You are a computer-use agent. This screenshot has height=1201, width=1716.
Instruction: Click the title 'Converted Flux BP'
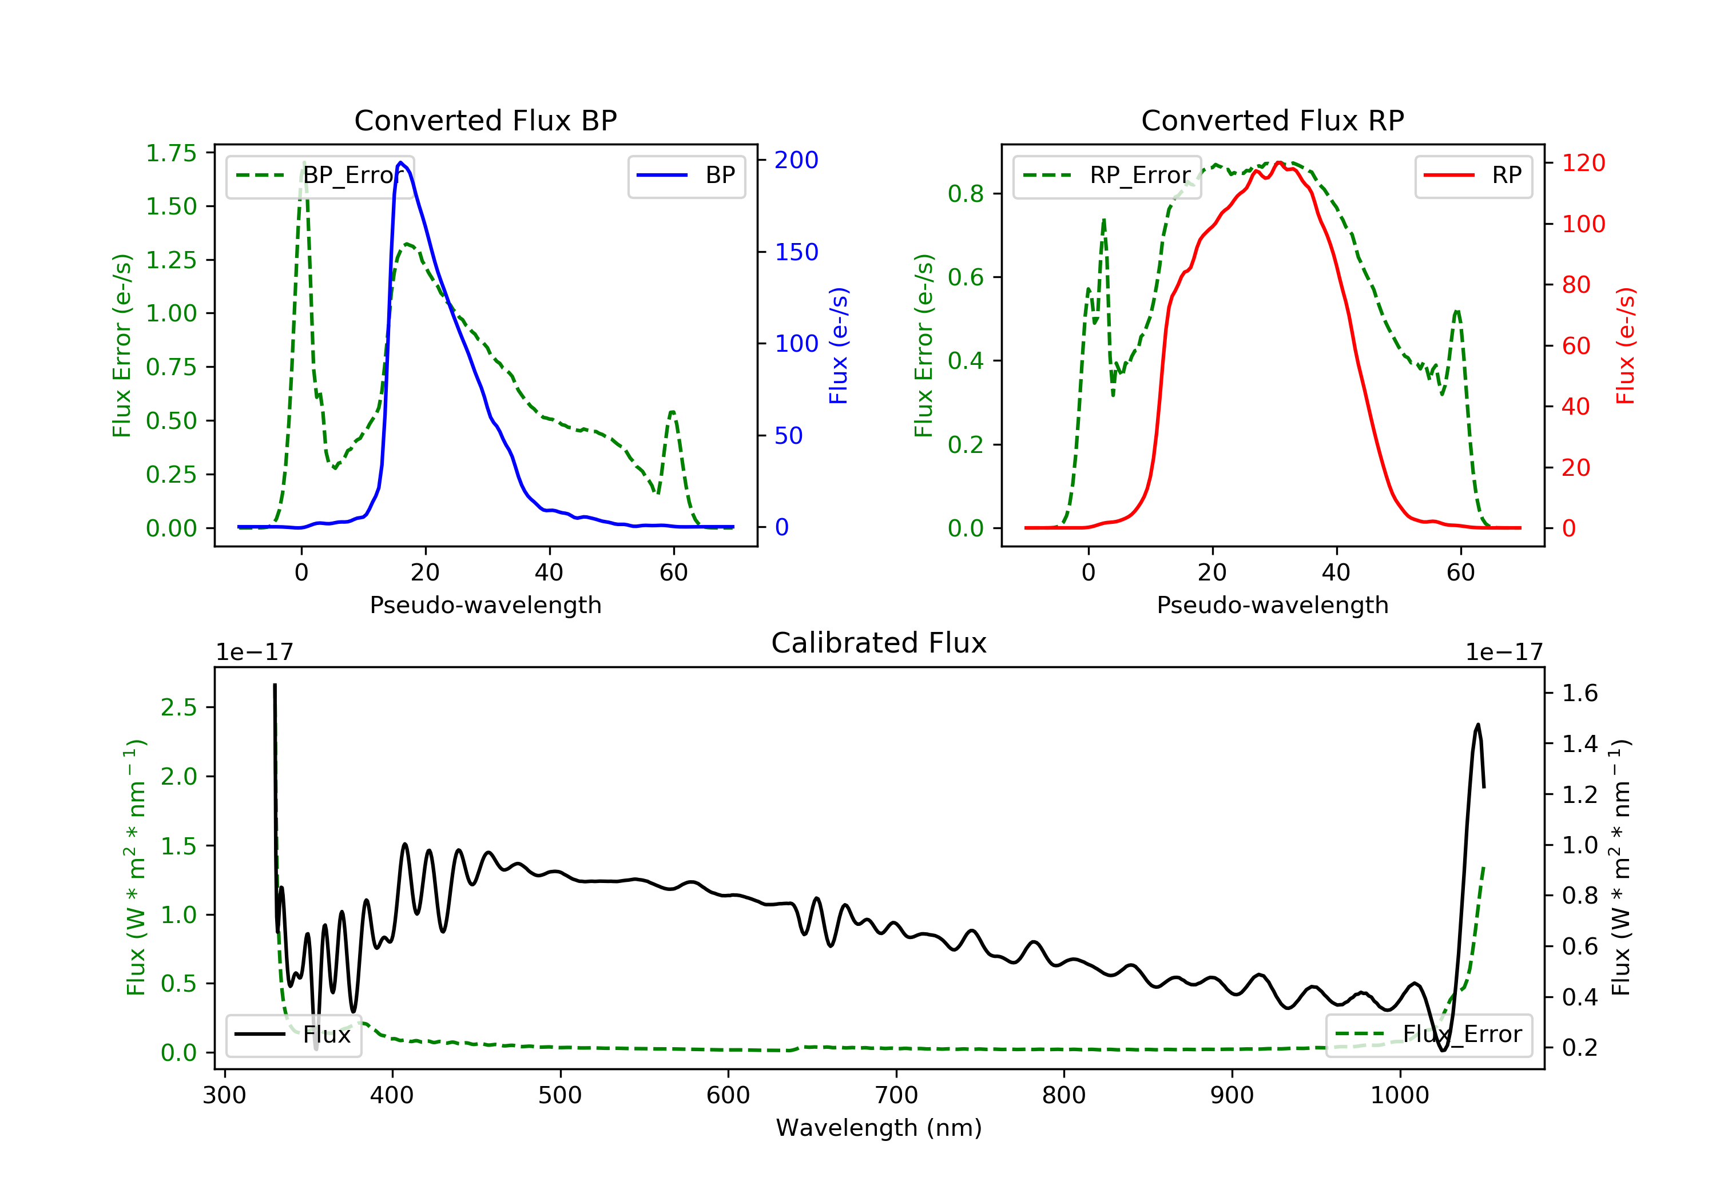485,120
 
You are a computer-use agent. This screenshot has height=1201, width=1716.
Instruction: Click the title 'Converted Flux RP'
1272,120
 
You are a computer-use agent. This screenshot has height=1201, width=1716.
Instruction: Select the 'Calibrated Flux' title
879,643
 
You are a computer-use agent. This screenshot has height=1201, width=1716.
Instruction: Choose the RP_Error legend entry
1107,176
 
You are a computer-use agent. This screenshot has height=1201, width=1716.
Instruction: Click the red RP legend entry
1473,176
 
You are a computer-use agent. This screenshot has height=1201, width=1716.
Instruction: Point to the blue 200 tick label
796,160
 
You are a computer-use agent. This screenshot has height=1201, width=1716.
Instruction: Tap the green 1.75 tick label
170,153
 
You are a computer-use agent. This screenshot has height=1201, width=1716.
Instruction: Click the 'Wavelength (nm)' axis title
879,1128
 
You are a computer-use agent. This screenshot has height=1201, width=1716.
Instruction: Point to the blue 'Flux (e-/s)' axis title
839,346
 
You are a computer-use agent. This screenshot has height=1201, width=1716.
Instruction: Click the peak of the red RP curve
1279,162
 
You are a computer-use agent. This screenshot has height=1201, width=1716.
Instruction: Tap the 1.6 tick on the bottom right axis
1580,694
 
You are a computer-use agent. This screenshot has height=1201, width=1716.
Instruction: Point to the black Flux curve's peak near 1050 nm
1477,724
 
